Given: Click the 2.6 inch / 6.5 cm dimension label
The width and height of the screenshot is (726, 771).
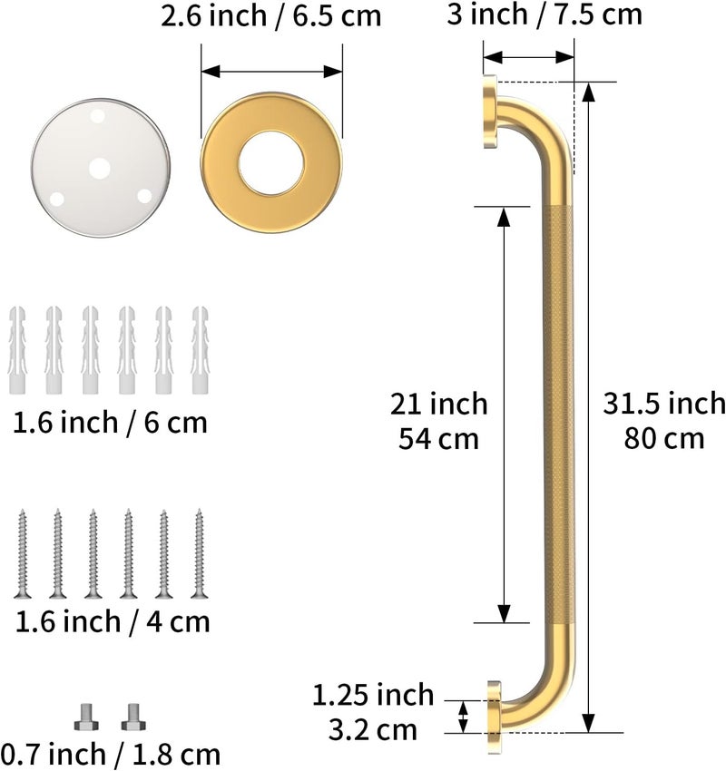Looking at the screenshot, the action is [270, 16].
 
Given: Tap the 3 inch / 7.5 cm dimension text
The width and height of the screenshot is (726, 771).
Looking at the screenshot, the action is [544, 15].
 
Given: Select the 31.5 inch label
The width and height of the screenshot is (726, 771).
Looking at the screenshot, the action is [664, 404].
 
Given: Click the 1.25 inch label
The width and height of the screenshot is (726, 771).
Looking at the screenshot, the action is [373, 695].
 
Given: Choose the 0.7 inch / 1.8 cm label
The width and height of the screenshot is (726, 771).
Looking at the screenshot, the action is [111, 755].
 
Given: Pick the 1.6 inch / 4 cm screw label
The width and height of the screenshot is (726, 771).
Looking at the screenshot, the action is [113, 621].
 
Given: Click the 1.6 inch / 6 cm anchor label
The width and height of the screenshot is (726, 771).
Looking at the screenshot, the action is [110, 423].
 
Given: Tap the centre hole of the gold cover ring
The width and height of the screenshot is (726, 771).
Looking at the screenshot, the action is [271, 162].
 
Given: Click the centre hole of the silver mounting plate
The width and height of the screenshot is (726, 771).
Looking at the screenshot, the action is [99, 169].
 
